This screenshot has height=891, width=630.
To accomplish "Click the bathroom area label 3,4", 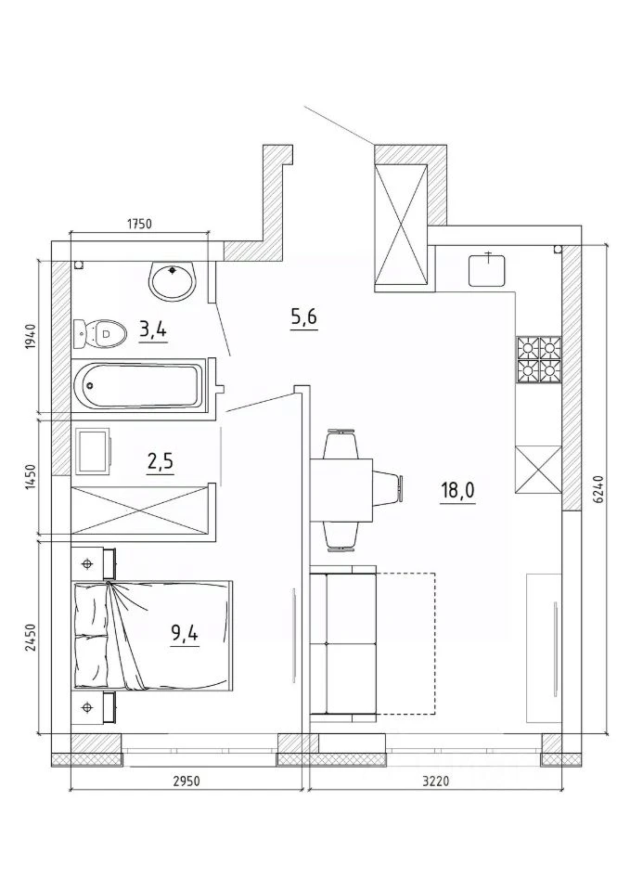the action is tap(153, 329).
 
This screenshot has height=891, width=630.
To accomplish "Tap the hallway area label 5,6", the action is tap(303, 318).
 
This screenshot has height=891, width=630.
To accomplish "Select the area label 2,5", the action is tap(160, 463).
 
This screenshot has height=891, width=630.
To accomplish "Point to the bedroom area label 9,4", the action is tap(185, 632).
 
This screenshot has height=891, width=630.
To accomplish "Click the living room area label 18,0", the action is tap(456, 490).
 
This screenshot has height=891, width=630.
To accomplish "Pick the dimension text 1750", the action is tap(139, 224).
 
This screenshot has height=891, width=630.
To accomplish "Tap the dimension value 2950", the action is tap(186, 781).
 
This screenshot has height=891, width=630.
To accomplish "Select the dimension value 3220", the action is tap(435, 781).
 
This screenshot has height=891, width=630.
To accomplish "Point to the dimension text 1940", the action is tap(30, 338).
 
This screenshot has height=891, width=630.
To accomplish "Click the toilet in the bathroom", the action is tap(99, 333).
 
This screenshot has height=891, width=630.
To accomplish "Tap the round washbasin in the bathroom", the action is tap(173, 280).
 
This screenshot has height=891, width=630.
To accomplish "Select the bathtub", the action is tap(138, 385).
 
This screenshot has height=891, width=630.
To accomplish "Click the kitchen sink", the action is tap(487, 270).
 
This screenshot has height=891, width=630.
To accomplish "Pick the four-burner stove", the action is tap(538, 359).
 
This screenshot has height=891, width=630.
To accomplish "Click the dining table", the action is tap(341, 490).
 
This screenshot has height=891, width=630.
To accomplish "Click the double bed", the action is tap(152, 635).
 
